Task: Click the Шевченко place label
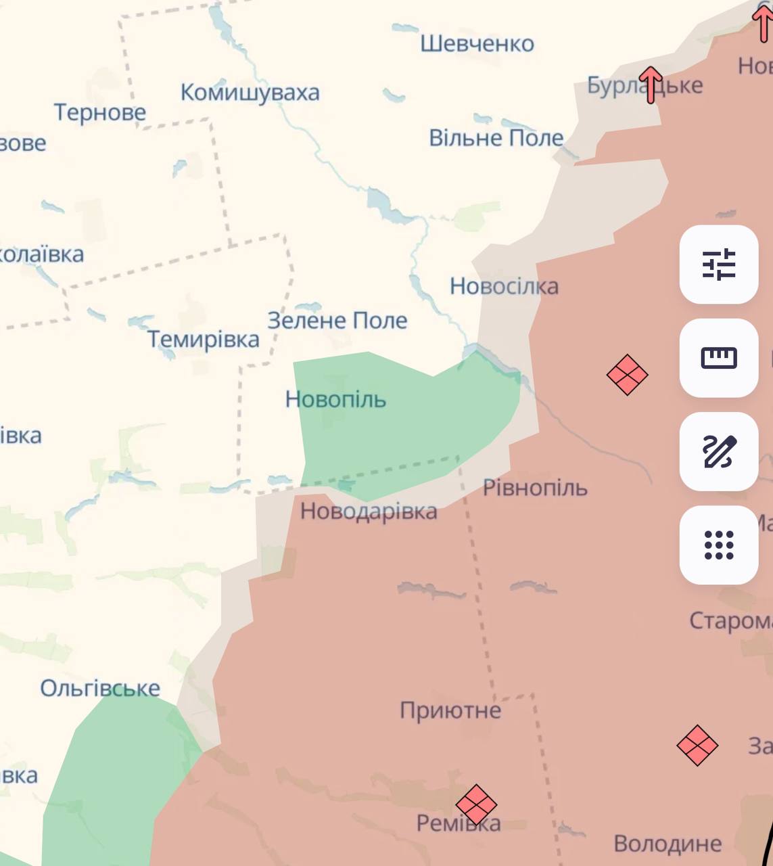click(x=477, y=44)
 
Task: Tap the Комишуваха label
click(x=250, y=93)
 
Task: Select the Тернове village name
click(x=99, y=112)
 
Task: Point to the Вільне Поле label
click(x=496, y=138)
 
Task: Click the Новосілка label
click(x=504, y=286)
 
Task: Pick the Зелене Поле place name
click(x=337, y=320)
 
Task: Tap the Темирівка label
click(x=203, y=339)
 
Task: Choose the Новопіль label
click(x=335, y=399)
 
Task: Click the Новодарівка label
click(x=369, y=511)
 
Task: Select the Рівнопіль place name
click(x=535, y=488)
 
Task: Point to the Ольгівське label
click(x=100, y=688)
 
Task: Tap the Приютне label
click(x=450, y=710)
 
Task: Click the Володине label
click(x=667, y=844)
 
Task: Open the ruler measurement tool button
click(x=718, y=358)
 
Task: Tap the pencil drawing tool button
click(x=718, y=451)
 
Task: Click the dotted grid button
click(x=718, y=545)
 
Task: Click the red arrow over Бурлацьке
click(x=650, y=85)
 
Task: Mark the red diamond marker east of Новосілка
click(x=627, y=375)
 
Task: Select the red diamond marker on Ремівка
click(x=476, y=805)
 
